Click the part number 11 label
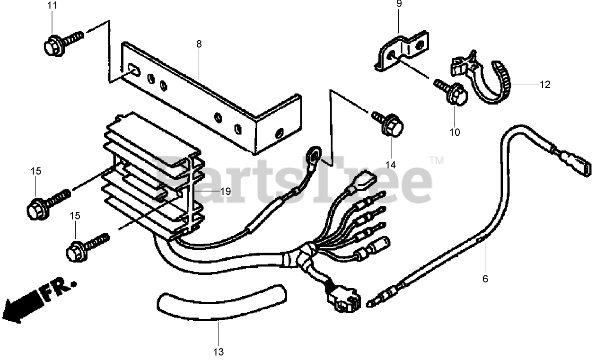[x=52, y=6]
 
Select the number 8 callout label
[x=199, y=44]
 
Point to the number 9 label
[x=399, y=4]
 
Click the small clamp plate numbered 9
[x=402, y=51]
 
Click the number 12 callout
[x=545, y=85]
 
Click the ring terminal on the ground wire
[x=313, y=155]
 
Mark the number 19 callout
[x=225, y=191]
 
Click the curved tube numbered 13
[x=222, y=305]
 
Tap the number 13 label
[x=218, y=352]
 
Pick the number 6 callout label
[x=485, y=279]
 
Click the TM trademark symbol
[x=437, y=161]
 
